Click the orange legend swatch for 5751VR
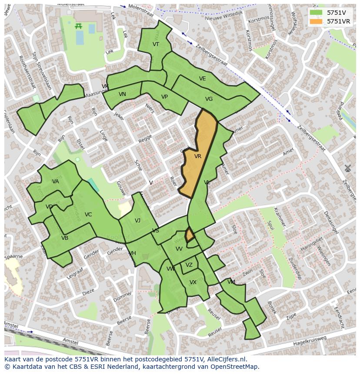click(316, 21)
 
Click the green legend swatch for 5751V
click(316, 13)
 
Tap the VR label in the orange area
click(198, 156)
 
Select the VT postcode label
click(156, 44)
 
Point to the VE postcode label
click(202, 79)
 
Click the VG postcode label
click(209, 99)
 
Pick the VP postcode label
click(164, 97)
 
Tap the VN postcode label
click(122, 94)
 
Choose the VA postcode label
click(55, 182)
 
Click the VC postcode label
click(88, 215)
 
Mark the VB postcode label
click(65, 238)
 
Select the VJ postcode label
click(137, 221)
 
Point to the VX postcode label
click(193, 282)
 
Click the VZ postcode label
click(189, 265)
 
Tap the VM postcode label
click(231, 282)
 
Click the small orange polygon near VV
click(190, 235)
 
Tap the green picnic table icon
click(79, 26)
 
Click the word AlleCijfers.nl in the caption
click(226, 360)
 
